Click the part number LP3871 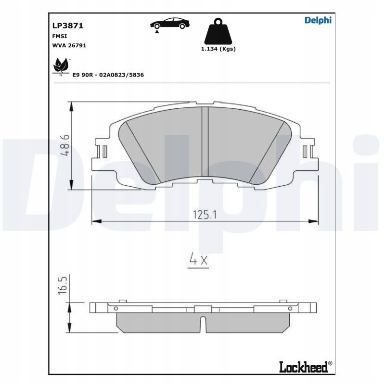(68, 26)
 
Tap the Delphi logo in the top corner (318, 20)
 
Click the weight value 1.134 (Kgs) (218, 49)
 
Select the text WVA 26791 (69, 45)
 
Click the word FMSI (59, 36)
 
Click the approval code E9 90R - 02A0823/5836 (108, 75)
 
